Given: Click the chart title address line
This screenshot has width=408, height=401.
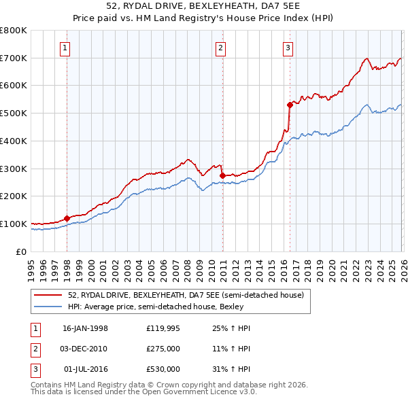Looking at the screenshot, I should click(x=203, y=6).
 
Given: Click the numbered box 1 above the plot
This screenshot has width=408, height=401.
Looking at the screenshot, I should click(x=65, y=48).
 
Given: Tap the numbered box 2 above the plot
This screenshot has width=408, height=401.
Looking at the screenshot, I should click(x=222, y=48).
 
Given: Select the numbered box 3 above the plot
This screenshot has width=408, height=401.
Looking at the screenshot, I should click(x=288, y=48).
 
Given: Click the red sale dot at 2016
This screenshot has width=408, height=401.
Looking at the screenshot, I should click(x=290, y=105).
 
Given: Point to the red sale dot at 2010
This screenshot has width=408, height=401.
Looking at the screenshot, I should click(x=223, y=175).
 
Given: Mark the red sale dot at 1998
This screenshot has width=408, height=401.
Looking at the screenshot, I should click(x=67, y=218).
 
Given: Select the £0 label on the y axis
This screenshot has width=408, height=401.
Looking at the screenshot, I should click(x=22, y=251).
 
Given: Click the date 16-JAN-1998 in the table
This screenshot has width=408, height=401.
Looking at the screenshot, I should click(x=85, y=328).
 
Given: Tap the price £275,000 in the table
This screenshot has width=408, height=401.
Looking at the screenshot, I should click(x=163, y=349).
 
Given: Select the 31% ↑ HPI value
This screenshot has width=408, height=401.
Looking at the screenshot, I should click(x=231, y=369).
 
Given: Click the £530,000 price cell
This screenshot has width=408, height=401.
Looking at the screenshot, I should click(x=163, y=369).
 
